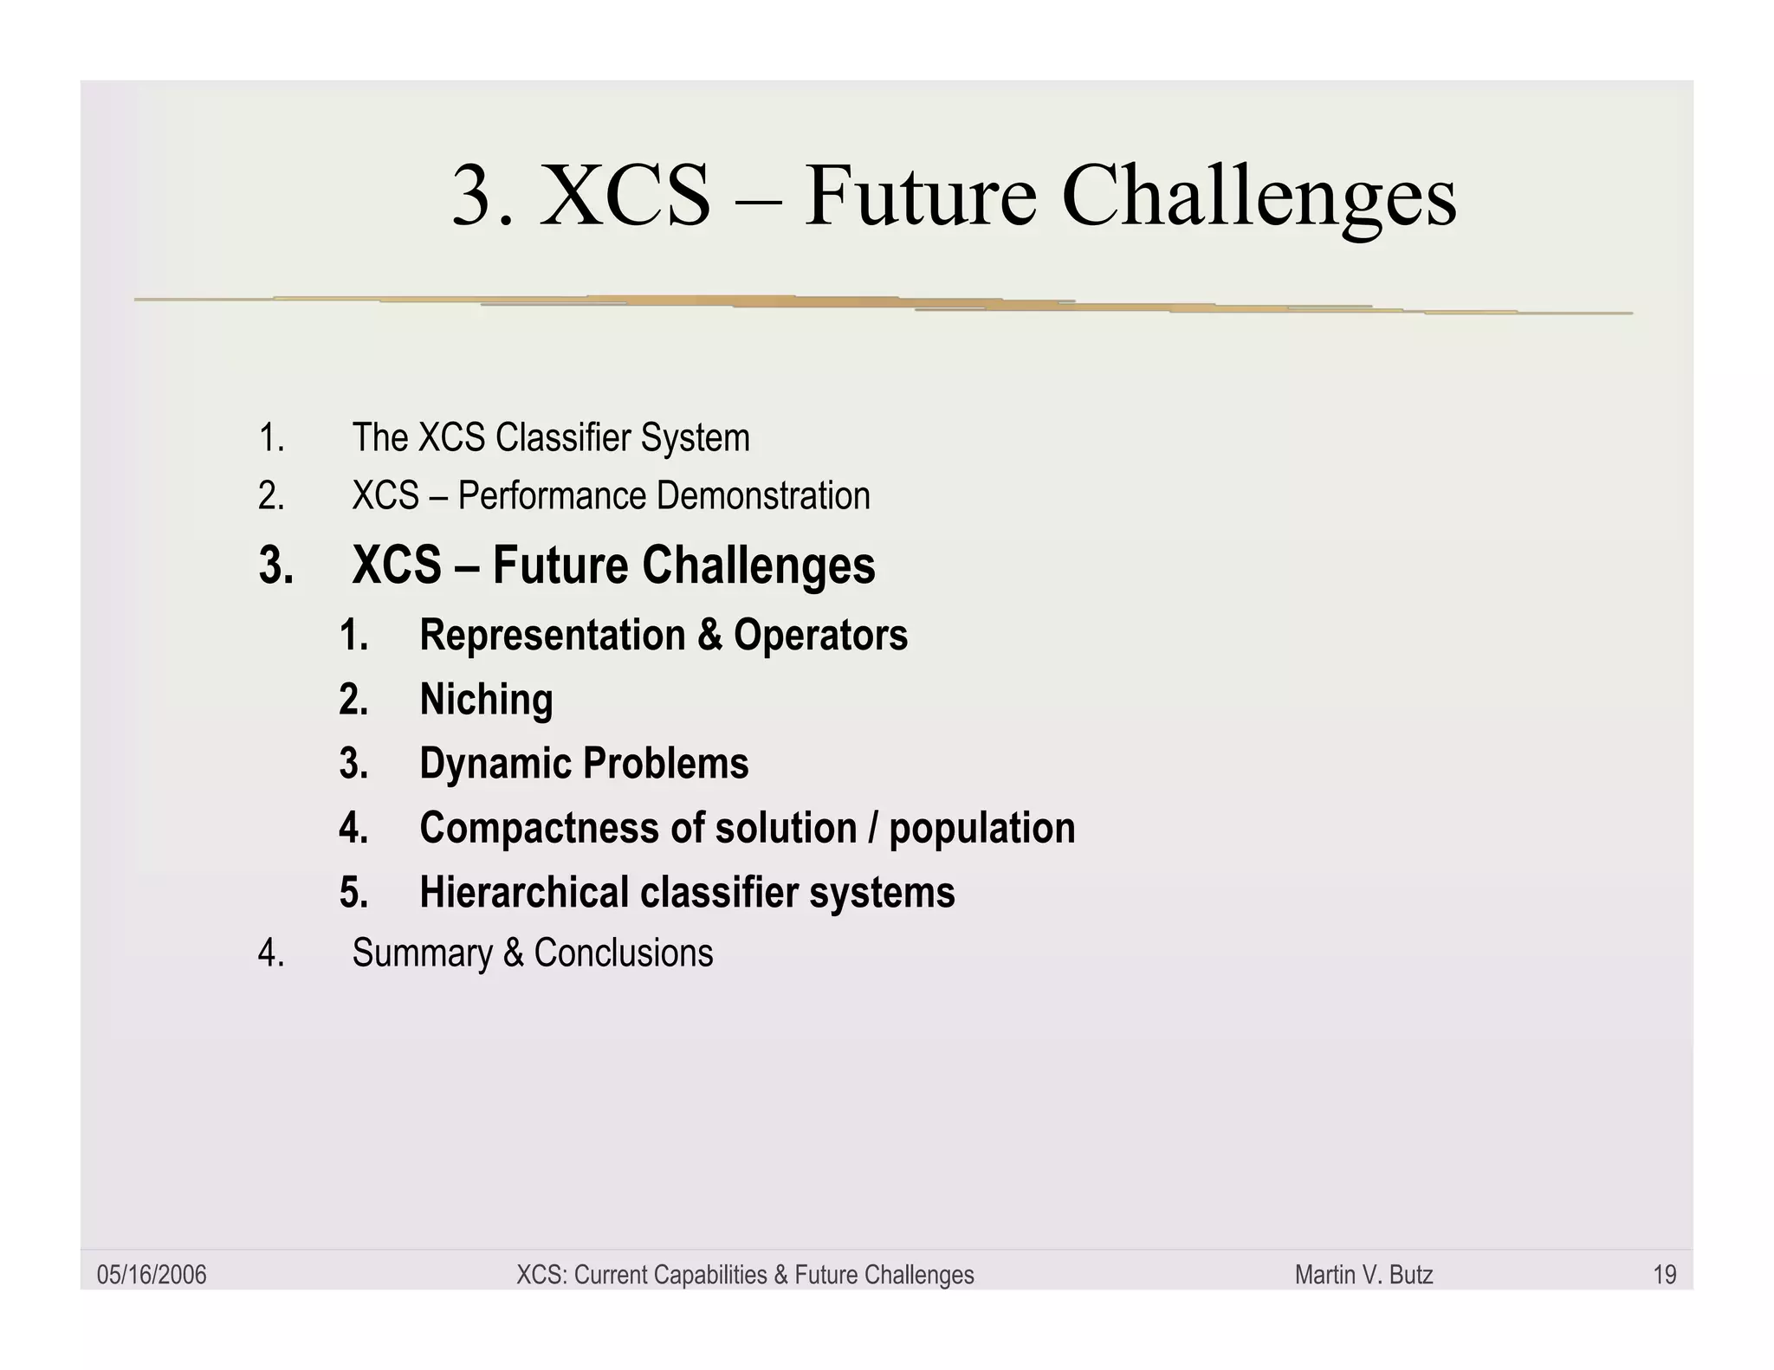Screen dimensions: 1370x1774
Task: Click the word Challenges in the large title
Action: [1259, 197]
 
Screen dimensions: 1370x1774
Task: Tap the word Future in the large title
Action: [920, 197]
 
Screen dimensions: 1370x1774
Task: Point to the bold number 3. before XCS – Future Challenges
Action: [275, 565]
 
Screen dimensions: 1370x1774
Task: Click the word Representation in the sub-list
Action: [552, 635]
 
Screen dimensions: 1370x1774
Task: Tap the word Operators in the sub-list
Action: [820, 635]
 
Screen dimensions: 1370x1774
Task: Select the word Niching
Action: [486, 700]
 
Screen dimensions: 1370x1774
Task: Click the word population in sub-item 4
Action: [981, 829]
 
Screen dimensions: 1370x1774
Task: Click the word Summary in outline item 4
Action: [422, 953]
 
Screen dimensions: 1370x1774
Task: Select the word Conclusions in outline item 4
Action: [623, 953]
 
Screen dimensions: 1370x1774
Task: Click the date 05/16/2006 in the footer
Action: [152, 1275]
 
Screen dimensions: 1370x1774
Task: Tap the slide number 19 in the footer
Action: [1664, 1275]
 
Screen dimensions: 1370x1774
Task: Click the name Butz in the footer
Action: [1411, 1275]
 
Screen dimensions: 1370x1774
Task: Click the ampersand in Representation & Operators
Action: [709, 635]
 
